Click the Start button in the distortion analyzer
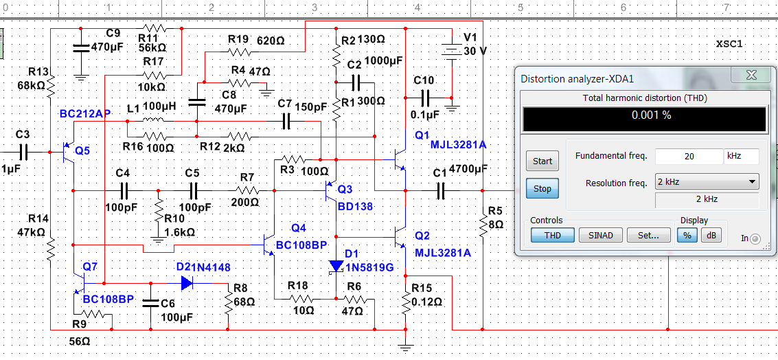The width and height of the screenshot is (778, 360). [542, 161]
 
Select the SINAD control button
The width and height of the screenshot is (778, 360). [601, 236]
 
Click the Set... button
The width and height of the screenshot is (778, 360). [649, 236]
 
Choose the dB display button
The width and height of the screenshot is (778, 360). [711, 236]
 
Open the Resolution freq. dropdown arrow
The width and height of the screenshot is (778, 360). [752, 183]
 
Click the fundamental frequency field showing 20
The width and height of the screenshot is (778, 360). [688, 157]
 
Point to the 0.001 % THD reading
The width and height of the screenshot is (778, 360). [644, 115]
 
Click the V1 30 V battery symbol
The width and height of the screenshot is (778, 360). [452, 52]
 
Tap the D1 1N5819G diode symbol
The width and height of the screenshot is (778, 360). [336, 265]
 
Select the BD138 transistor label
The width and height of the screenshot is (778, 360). [354, 205]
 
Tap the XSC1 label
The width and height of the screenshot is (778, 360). [729, 44]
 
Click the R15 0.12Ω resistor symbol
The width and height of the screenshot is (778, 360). [406, 301]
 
